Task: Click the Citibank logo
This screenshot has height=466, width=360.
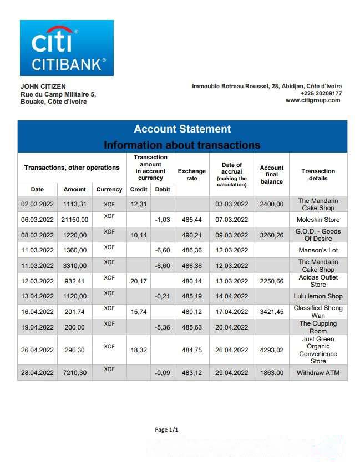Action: tap(67, 48)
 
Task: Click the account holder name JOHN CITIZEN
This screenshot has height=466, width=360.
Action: tap(43, 87)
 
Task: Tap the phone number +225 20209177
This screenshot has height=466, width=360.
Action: tap(321, 93)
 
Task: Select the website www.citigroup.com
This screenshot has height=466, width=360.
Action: tap(312, 100)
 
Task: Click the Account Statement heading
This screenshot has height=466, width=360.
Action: tap(182, 129)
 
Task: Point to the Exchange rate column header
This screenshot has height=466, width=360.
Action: tap(191, 175)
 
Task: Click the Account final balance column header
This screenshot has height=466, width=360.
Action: tap(272, 175)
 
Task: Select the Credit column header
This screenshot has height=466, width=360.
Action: tap(138, 189)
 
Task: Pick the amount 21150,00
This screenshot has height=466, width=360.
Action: tap(74, 220)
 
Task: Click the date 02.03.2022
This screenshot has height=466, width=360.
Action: tap(37, 204)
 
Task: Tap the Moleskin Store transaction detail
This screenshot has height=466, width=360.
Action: tap(318, 220)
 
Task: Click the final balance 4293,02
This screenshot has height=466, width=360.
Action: tap(272, 350)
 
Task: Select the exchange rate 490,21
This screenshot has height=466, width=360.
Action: tap(191, 235)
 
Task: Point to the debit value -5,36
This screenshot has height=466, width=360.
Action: tap(163, 327)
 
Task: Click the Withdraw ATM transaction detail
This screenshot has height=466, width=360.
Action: tap(318, 373)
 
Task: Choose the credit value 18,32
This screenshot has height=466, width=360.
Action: tap(138, 350)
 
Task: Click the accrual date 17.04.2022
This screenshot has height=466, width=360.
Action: tap(232, 312)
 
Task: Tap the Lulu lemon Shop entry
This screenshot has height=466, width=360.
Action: tap(318, 296)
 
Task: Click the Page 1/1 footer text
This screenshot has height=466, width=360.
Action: tap(166, 429)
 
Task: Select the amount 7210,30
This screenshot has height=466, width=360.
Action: tap(74, 373)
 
